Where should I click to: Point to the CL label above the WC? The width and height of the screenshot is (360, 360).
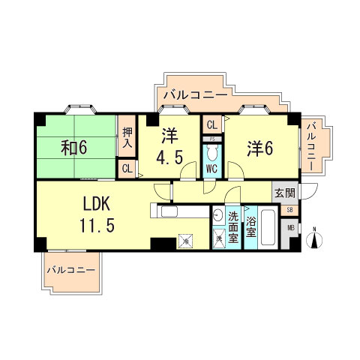click(211, 125)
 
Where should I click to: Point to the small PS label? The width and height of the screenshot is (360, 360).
click(211, 139)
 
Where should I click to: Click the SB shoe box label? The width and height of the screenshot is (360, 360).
click(290, 210)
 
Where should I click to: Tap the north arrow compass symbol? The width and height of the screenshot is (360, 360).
click(315, 238)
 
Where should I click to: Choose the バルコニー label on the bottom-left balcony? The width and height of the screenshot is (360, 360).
click(70, 269)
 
